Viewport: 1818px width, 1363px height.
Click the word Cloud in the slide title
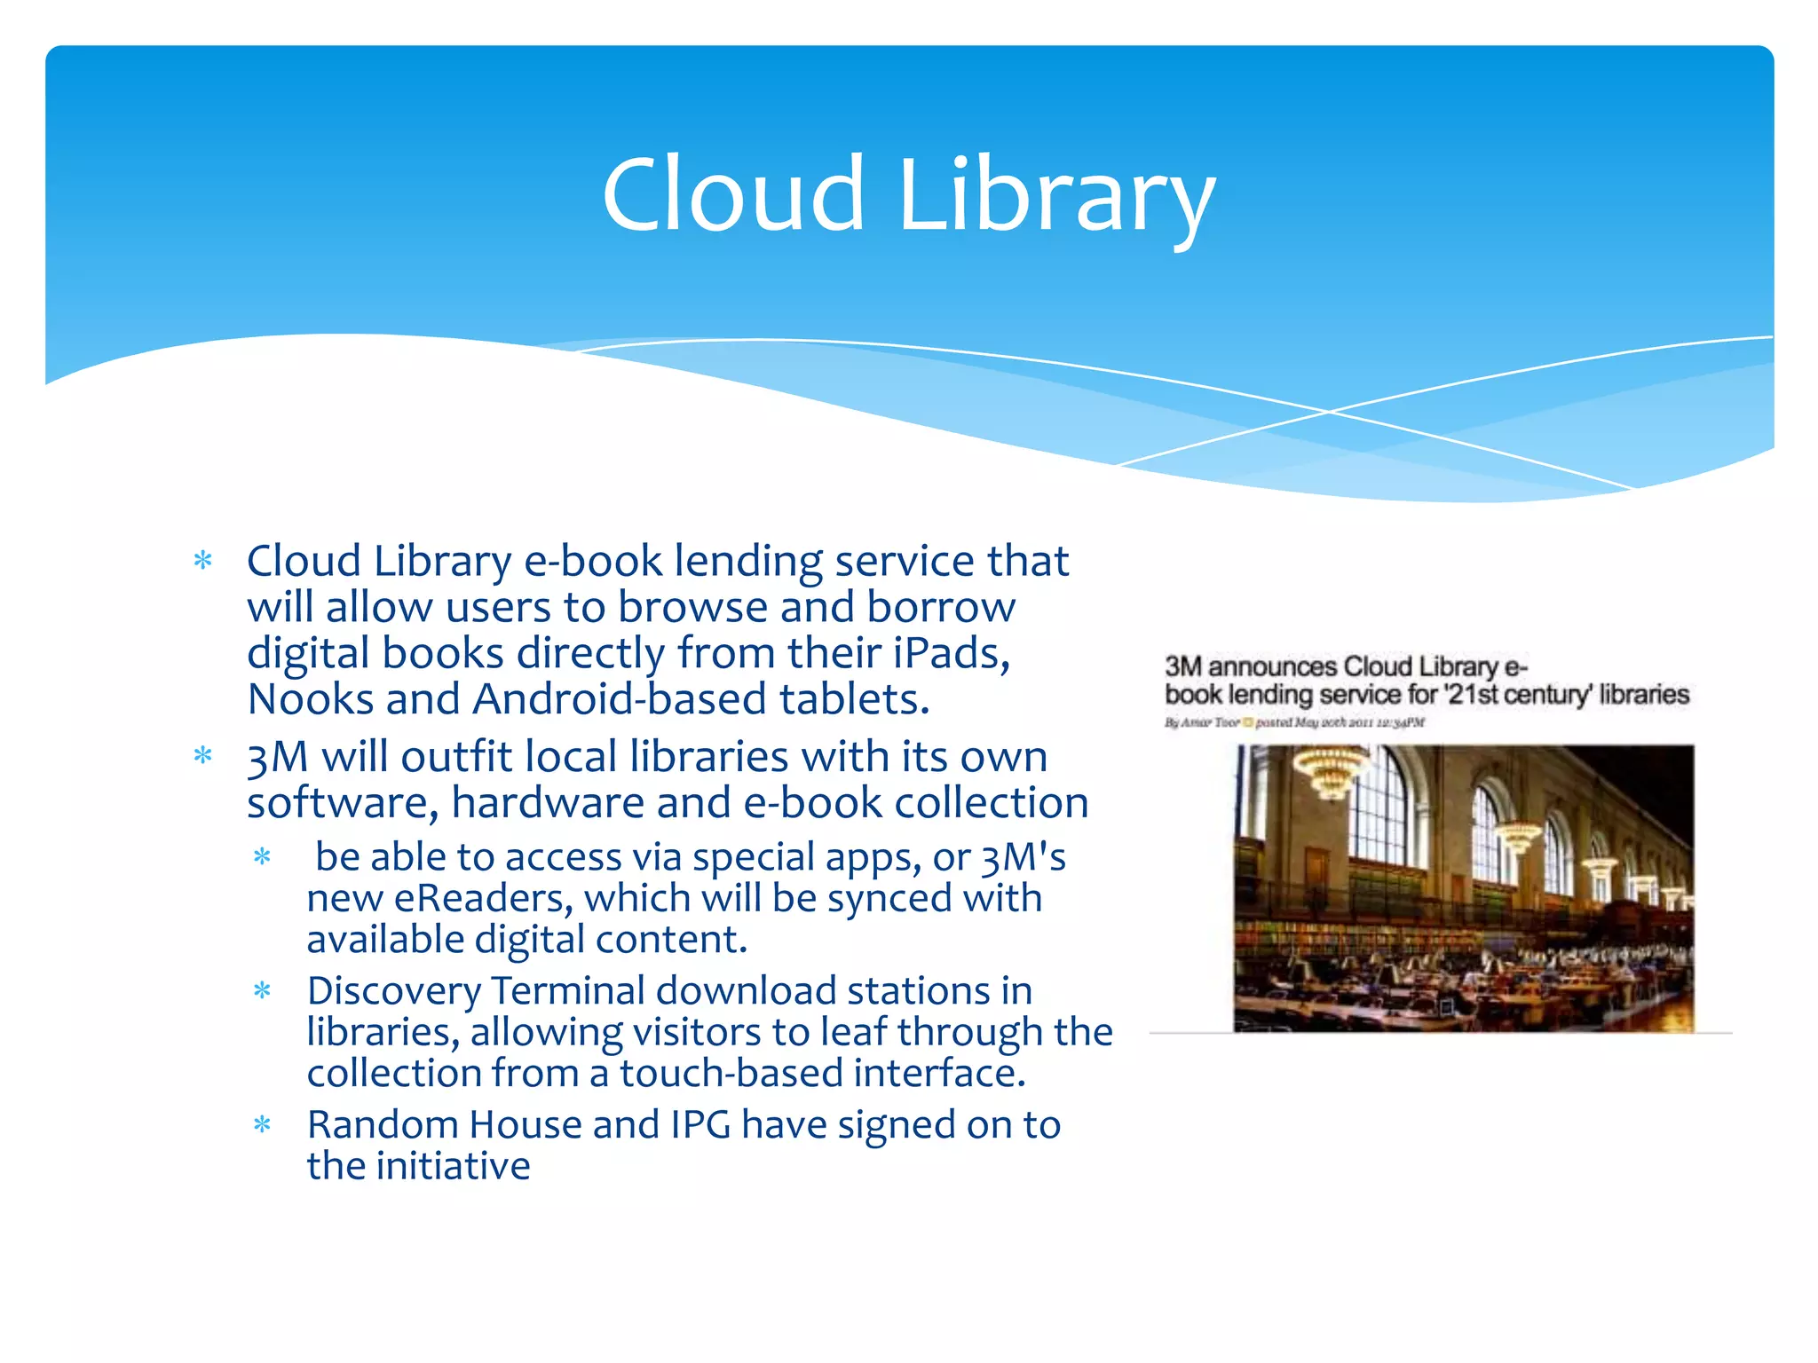tap(732, 194)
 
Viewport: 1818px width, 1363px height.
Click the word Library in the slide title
tap(1056, 197)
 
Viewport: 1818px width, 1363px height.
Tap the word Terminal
tap(568, 991)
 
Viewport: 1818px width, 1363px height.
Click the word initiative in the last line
tap(453, 1167)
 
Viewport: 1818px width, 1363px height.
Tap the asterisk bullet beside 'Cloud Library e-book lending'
tap(203, 561)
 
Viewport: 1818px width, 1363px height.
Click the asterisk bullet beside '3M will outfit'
tap(203, 756)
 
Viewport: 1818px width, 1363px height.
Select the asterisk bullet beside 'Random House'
tap(262, 1125)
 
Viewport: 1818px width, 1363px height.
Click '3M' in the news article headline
tap(1183, 667)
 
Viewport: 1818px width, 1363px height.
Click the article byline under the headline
tap(1294, 722)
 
